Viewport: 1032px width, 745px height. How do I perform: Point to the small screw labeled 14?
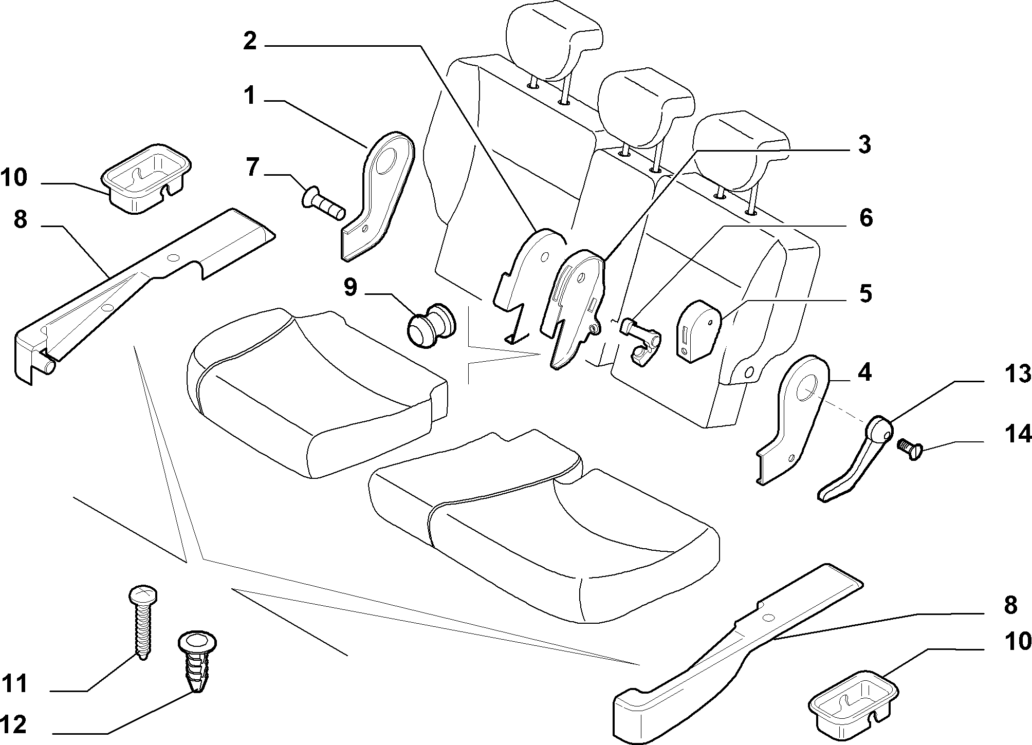(910, 448)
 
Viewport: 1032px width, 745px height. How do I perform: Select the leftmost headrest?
(554, 40)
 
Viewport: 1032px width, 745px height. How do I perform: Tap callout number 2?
(250, 41)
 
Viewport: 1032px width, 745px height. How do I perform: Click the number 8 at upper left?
(20, 219)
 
